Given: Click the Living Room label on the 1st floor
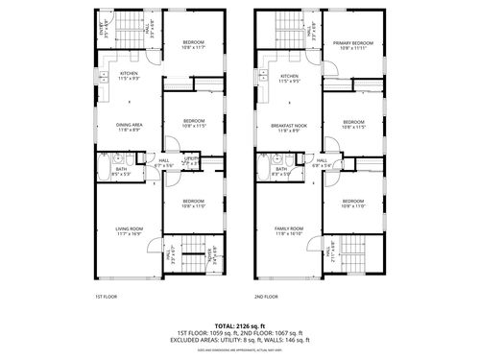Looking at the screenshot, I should (130, 228).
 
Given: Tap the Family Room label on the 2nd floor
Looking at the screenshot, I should (288, 228).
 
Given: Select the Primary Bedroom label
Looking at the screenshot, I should (353, 43).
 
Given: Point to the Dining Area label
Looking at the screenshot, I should (130, 124).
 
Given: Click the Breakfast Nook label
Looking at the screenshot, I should (289, 124).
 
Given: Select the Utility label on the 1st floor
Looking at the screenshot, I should (191, 158).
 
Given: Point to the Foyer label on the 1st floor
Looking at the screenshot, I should (211, 253).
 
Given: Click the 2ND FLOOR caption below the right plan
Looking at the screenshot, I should (265, 298).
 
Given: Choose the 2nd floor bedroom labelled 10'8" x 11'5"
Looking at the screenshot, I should (353, 122).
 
